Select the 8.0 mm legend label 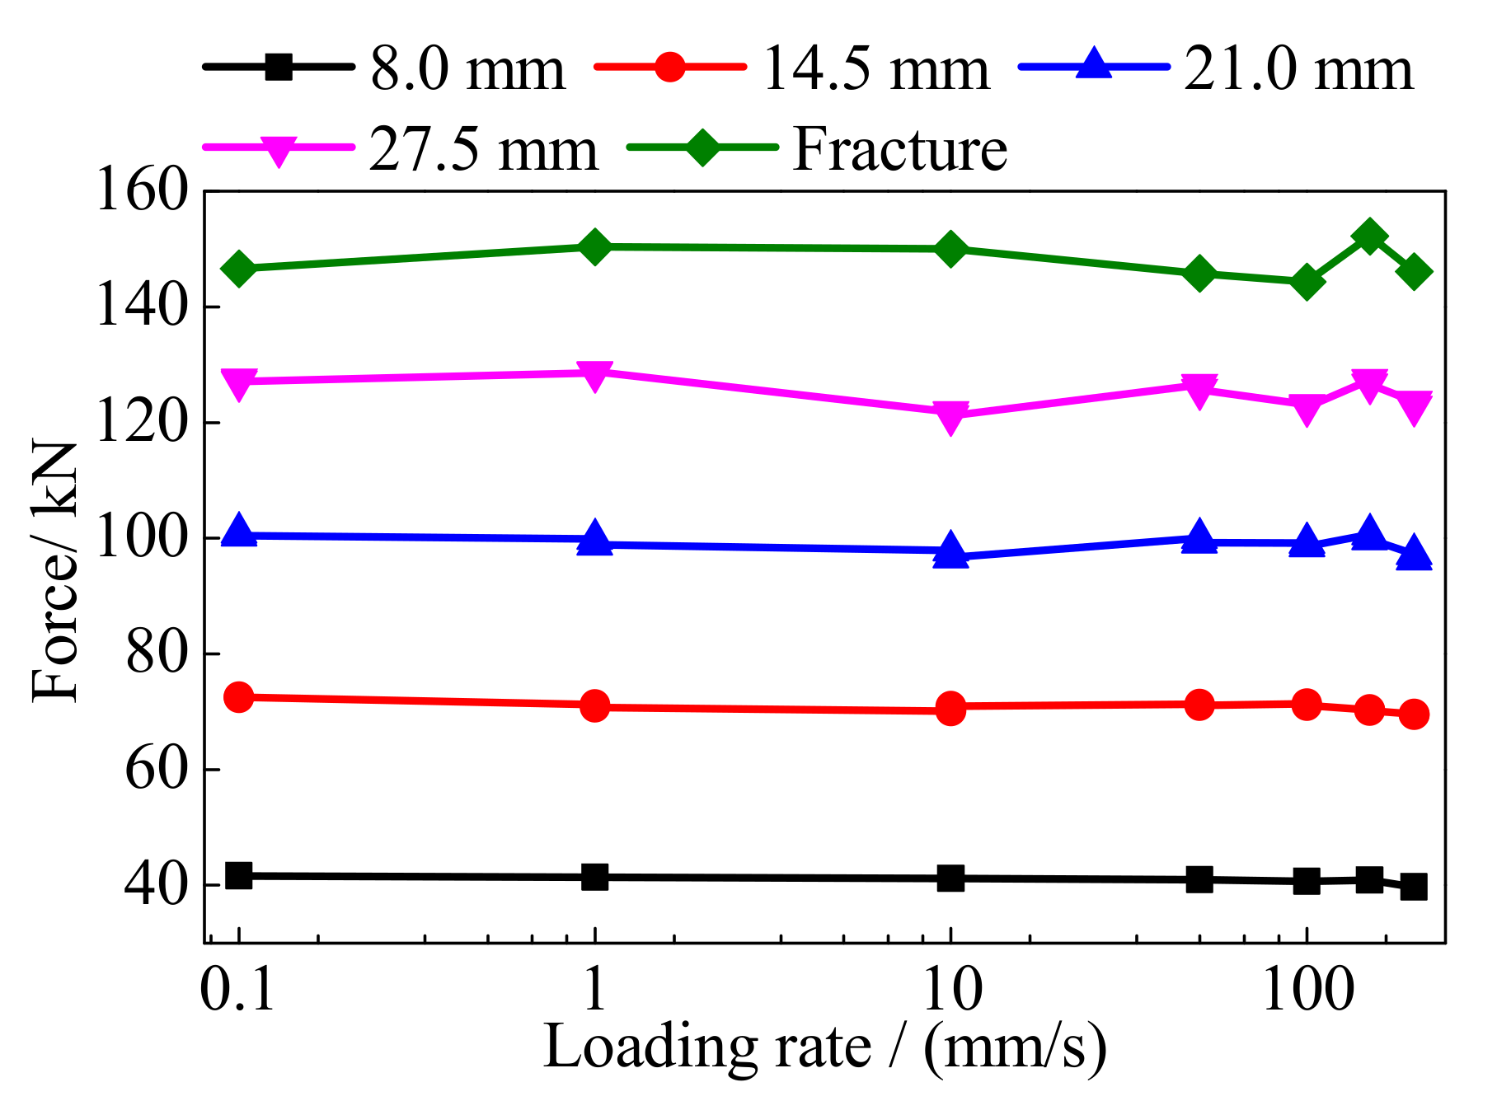tap(467, 68)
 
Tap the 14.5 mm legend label tap(875, 68)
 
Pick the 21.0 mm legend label tap(1298, 68)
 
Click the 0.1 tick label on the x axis tap(237, 988)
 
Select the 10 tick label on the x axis tap(951, 988)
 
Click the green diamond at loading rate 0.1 tap(239, 269)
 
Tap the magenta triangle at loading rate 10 tap(950, 417)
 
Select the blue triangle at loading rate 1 tap(594, 540)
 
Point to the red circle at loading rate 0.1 tap(238, 697)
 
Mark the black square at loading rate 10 tap(950, 878)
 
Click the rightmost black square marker tap(1414, 888)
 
